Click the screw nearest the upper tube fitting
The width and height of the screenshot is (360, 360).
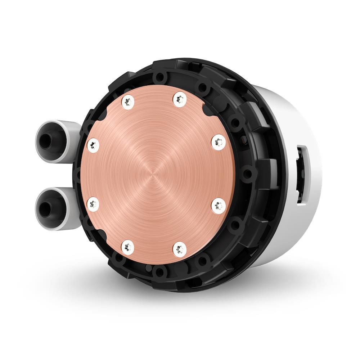point(94,145)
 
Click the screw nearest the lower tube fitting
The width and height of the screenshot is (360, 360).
point(93,204)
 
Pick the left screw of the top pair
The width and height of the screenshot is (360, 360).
point(127,102)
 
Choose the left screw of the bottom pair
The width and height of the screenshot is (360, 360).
point(128,247)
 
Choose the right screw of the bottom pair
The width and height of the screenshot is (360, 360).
point(180,248)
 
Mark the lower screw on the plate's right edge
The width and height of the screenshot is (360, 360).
point(218,206)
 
